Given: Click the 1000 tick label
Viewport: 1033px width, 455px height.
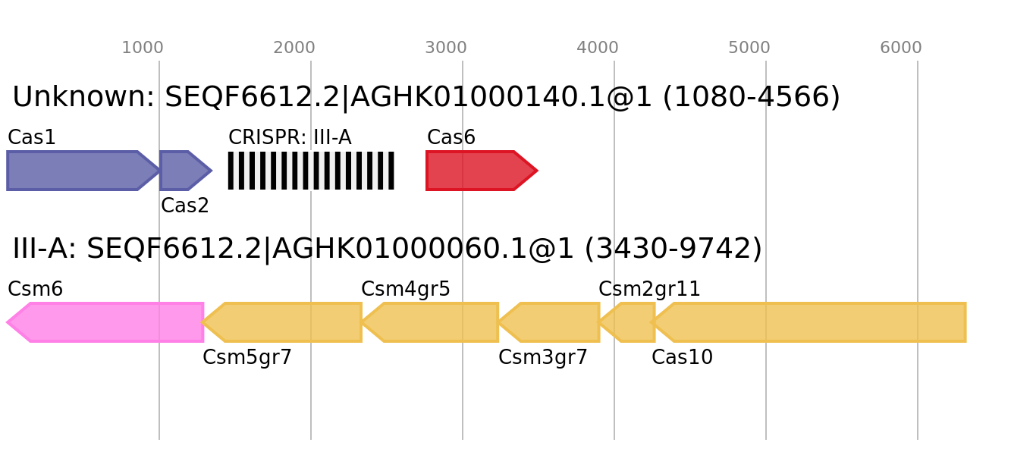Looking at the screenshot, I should point(142,48).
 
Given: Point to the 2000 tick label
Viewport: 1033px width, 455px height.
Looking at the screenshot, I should point(294,48).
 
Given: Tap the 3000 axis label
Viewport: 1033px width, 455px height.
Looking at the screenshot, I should point(445,48).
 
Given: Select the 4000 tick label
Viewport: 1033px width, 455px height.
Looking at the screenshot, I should point(597,48).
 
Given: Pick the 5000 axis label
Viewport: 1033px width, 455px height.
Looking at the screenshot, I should point(749,48).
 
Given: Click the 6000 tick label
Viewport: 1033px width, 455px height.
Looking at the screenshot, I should point(900,48).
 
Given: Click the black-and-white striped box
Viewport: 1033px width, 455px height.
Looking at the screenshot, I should point(311,171).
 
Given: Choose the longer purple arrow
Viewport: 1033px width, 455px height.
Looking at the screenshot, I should point(76,171).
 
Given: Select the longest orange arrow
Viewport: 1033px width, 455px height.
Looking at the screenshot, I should point(812,322).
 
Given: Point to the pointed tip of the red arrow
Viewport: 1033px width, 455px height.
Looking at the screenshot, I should point(538,171).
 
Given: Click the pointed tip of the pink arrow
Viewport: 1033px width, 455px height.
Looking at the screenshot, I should point(7,322).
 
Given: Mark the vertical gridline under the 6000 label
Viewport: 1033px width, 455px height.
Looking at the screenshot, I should point(918,379).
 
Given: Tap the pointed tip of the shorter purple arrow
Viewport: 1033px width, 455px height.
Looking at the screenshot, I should point(212,171).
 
